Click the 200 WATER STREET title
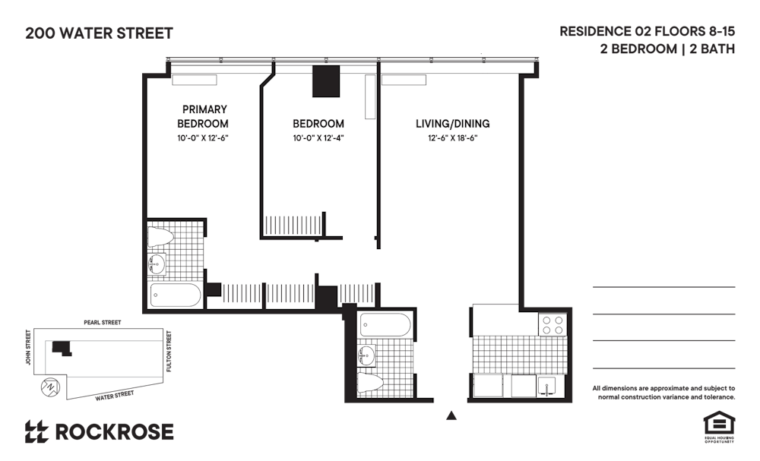click(99, 33)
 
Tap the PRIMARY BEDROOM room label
click(203, 116)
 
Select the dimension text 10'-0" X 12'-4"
click(318, 138)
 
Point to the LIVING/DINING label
click(453, 124)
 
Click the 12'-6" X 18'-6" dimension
click(453, 138)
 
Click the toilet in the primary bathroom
click(160, 237)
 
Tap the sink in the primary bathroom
click(157, 265)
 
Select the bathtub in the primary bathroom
click(176, 295)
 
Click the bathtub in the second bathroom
click(386, 324)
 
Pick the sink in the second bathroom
click(366, 356)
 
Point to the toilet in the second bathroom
click(370, 383)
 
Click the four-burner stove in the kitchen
click(553, 324)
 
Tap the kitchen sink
click(549, 386)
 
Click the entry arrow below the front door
click(451, 415)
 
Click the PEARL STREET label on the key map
click(103, 323)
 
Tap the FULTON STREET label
click(169, 351)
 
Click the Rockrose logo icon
click(36, 431)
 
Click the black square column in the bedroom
click(326, 81)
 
